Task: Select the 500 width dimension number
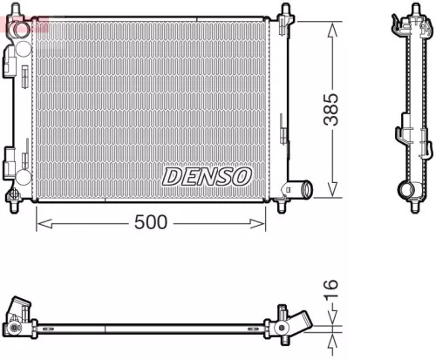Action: pyautogui.click(x=150, y=223)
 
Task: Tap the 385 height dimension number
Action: pyautogui.click(x=331, y=110)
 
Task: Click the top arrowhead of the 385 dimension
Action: pyautogui.click(x=331, y=26)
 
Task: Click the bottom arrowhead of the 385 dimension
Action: pyautogui.click(x=331, y=193)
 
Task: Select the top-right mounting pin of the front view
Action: pyautogui.click(x=285, y=10)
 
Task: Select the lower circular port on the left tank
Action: pyautogui.click(x=10, y=160)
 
